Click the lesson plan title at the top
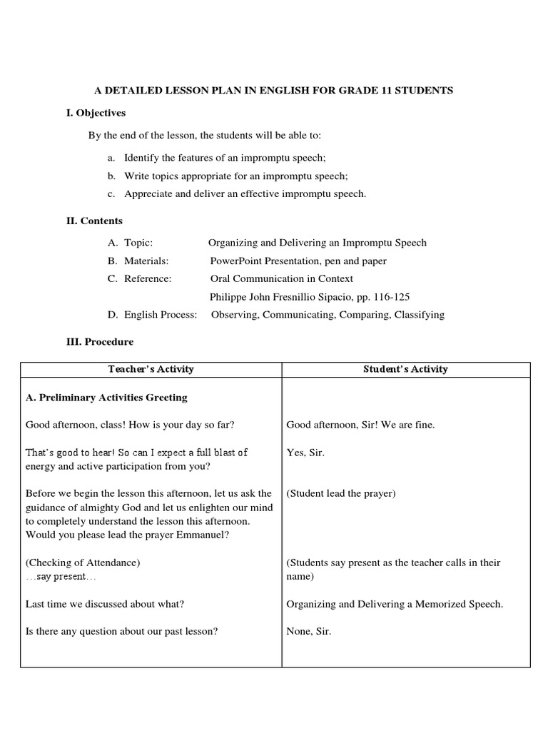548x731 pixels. (x=274, y=91)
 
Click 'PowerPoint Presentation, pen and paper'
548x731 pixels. (x=298, y=261)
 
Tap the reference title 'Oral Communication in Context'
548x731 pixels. (x=282, y=278)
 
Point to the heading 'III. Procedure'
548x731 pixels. (x=100, y=342)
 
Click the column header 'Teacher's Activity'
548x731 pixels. (x=151, y=369)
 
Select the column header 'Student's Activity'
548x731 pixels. (x=405, y=369)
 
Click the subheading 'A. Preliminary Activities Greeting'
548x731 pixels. (x=106, y=398)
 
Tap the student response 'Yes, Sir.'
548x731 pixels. (x=305, y=453)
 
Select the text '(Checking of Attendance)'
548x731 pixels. (x=83, y=563)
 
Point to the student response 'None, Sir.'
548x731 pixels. (x=309, y=631)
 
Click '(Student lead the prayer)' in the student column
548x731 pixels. (x=341, y=493)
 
